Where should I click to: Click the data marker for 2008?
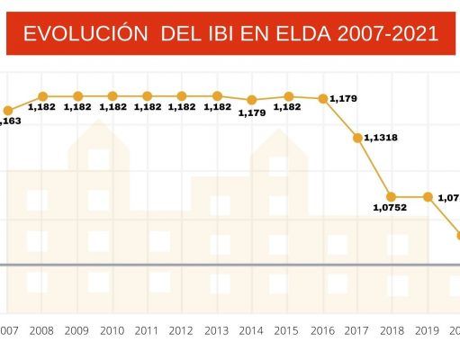(42, 95)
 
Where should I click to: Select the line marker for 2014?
(251, 99)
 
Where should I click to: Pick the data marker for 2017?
(357, 138)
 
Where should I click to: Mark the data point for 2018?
(392, 196)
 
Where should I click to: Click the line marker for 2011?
(147, 95)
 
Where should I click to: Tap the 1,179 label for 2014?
(251, 112)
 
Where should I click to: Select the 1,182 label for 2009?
(77, 107)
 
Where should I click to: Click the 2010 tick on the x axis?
(112, 331)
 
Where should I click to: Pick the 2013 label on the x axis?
(217, 331)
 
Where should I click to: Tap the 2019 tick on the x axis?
(427, 331)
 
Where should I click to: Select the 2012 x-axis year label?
(182, 331)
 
